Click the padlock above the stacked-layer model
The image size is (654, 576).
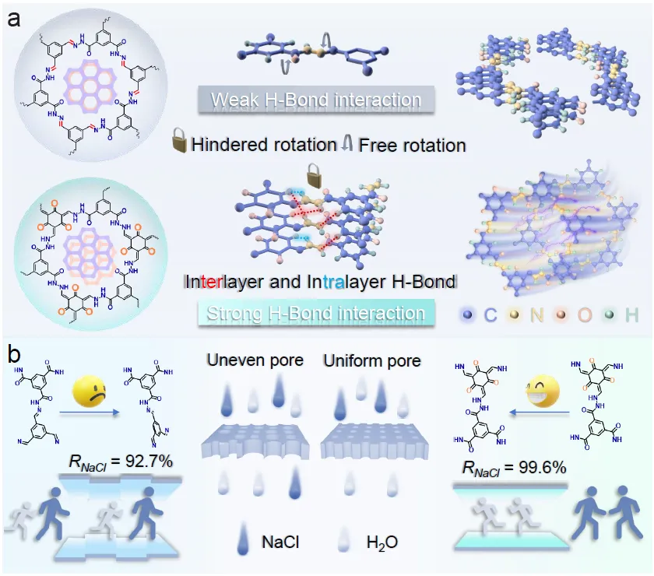click(315, 173)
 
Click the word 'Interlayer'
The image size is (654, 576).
click(225, 282)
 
